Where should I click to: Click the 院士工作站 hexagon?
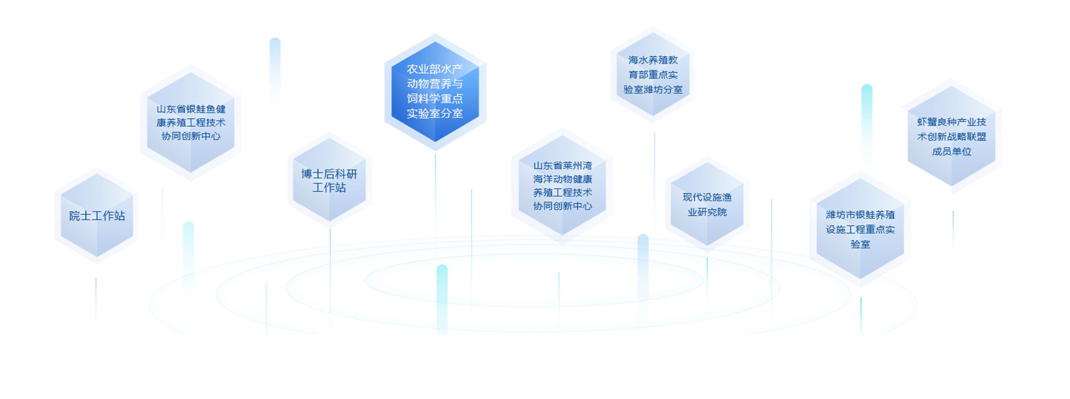(x=97, y=215)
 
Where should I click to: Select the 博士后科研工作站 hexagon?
(x=329, y=180)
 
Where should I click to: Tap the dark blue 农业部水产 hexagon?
(x=435, y=92)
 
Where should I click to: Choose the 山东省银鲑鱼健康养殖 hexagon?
(x=191, y=122)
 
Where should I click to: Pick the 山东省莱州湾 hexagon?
(x=563, y=185)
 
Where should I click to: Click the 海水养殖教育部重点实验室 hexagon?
(x=653, y=74)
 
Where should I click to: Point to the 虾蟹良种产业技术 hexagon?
(x=952, y=136)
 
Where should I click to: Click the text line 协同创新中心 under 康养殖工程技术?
(x=191, y=136)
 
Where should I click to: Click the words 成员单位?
(x=952, y=151)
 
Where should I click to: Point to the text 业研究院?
(x=707, y=212)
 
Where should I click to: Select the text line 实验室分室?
(x=435, y=113)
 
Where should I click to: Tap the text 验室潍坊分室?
(x=653, y=89)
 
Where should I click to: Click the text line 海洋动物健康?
(x=563, y=179)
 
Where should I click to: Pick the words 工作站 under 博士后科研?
(x=329, y=187)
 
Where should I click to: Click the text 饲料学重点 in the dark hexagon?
(x=435, y=99)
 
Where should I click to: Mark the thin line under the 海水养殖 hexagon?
(x=654, y=183)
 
